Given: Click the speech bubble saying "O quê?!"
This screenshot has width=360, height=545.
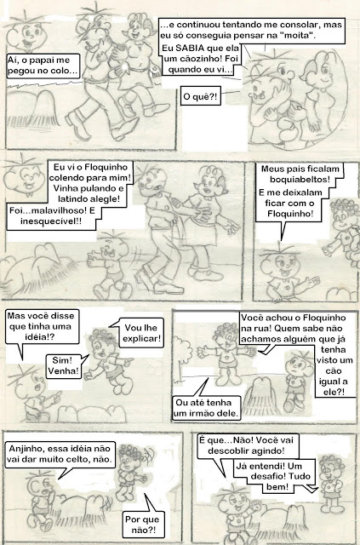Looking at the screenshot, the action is pos(201,96).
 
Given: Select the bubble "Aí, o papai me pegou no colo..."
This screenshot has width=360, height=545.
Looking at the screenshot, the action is pos(43,66).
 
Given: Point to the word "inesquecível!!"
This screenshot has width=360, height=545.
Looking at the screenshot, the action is pos(51,221).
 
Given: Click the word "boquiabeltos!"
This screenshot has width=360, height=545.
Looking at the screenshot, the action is pos(300,180).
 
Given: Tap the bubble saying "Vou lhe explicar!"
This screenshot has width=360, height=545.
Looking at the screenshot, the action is pos(141,333).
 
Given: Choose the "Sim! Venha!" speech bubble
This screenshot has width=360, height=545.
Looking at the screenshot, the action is pos(63,365).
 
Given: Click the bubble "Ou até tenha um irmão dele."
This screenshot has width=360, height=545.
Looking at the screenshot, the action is pos(207,408).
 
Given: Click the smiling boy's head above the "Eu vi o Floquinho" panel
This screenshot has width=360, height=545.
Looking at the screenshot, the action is pos(25,176).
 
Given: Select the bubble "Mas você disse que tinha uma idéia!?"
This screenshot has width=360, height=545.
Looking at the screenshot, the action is pos(42,327).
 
